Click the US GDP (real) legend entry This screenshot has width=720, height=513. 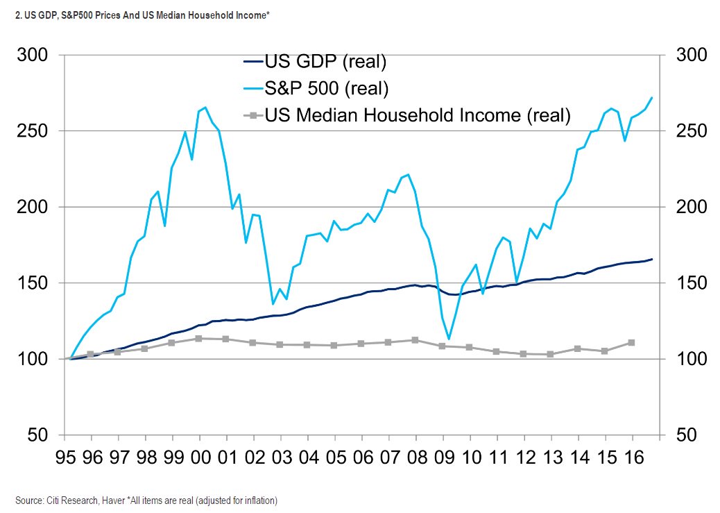point(324,62)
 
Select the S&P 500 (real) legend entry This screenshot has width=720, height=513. point(326,88)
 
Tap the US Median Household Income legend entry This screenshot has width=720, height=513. point(417,115)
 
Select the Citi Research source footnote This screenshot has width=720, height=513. point(146,500)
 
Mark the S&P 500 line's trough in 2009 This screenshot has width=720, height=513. point(449,339)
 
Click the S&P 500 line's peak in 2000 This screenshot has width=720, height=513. point(206,108)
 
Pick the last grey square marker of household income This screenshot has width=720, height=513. point(631,342)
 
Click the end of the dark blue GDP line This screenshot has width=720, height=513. point(652,259)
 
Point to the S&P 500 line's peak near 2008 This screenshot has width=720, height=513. point(408,174)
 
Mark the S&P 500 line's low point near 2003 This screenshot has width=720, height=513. point(273,303)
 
